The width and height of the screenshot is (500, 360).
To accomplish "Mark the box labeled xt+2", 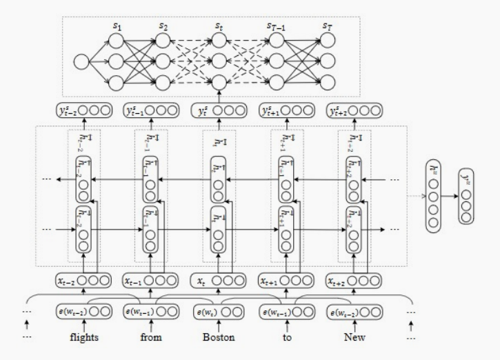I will coord(353,281).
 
